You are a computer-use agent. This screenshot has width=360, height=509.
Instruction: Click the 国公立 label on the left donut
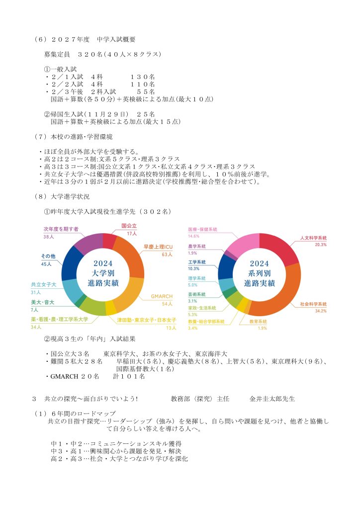[x=129, y=226]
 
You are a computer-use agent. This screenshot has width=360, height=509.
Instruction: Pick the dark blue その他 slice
[x=73, y=262]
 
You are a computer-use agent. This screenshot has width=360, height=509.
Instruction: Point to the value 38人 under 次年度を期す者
[x=48, y=237]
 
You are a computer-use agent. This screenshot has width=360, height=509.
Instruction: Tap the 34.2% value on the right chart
[x=321, y=311]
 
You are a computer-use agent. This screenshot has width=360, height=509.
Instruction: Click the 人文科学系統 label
[x=313, y=238]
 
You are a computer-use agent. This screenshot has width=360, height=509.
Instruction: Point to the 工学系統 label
[x=197, y=262]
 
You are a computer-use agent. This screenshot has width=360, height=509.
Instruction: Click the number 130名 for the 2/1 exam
[x=143, y=77]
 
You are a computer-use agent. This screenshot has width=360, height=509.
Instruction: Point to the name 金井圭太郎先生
[x=272, y=398]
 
